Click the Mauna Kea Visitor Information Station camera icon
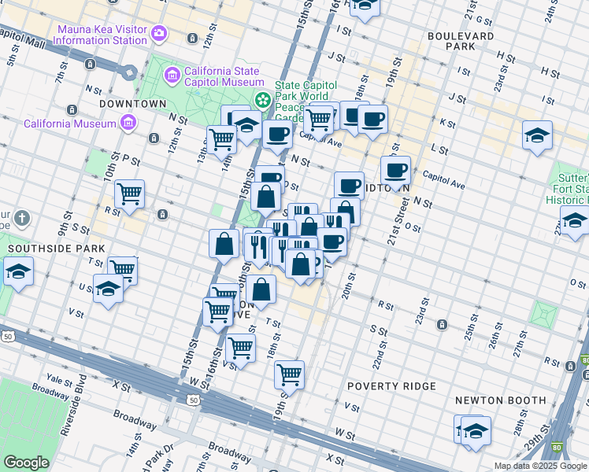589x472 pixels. pos(160,32)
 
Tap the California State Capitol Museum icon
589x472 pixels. pos(172,76)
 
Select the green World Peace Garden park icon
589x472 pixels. pos(262,101)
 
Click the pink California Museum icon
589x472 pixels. pos(127,123)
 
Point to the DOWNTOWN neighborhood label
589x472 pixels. pos(133,104)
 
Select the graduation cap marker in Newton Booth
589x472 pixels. pos(476,430)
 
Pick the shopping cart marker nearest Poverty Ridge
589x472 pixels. pos(290,374)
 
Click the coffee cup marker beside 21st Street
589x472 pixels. pos(396,169)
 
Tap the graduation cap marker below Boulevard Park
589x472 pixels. pos(537,135)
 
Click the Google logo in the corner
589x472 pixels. pos(26,463)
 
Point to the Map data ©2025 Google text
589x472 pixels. pos(539,466)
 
